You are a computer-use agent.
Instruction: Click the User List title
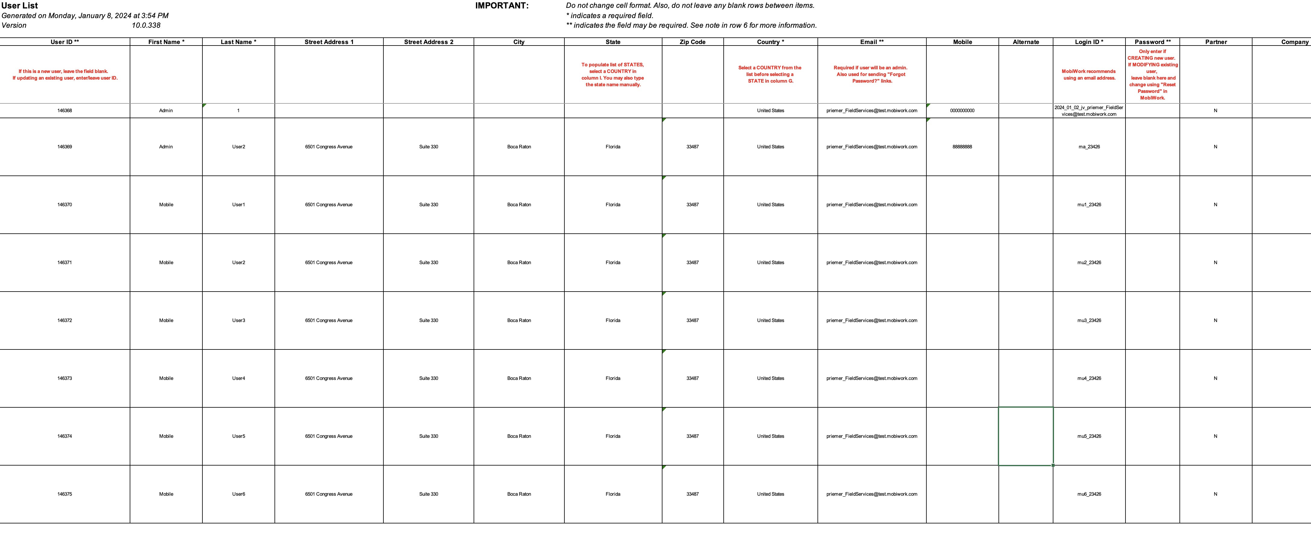(x=20, y=6)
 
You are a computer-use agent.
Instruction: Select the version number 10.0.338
(x=146, y=25)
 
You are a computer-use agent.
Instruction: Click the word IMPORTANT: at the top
(x=502, y=6)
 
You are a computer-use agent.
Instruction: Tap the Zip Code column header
(x=692, y=42)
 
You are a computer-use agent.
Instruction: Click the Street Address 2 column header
(x=429, y=42)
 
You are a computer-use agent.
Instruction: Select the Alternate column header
(x=1026, y=42)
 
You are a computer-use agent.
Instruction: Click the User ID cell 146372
(x=65, y=321)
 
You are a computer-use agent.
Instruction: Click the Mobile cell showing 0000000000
(x=962, y=110)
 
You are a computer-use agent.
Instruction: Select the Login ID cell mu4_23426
(x=1089, y=378)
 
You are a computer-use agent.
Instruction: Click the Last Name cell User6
(x=239, y=494)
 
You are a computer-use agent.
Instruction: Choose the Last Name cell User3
(x=239, y=321)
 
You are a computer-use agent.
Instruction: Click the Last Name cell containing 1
(x=238, y=110)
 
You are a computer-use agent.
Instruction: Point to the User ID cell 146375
(x=65, y=494)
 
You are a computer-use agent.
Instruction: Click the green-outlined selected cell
(x=1026, y=436)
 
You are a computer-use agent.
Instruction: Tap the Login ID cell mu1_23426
(x=1089, y=204)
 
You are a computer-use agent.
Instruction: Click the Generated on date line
(x=85, y=16)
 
